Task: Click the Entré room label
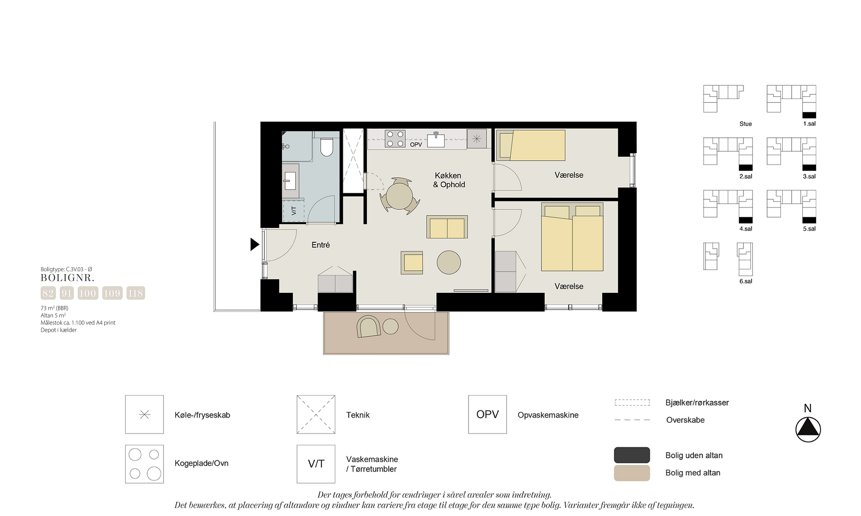[321, 245]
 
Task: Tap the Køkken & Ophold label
[449, 180]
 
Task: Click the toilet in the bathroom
[327, 147]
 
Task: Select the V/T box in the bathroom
[294, 211]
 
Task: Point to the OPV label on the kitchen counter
[416, 145]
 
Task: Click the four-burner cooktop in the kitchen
[395, 139]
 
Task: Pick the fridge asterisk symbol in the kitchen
[477, 139]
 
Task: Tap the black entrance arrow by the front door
[255, 244]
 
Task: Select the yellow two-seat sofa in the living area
[447, 227]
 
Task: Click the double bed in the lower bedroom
[572, 237]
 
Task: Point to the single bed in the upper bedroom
[531, 145]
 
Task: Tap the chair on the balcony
[369, 327]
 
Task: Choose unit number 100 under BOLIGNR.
[88, 293]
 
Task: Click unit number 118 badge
[136, 293]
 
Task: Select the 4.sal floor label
[746, 229]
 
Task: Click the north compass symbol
[808, 429]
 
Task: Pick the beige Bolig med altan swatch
[632, 473]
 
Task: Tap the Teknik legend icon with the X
[316, 414]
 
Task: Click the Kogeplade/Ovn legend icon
[145, 464]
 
